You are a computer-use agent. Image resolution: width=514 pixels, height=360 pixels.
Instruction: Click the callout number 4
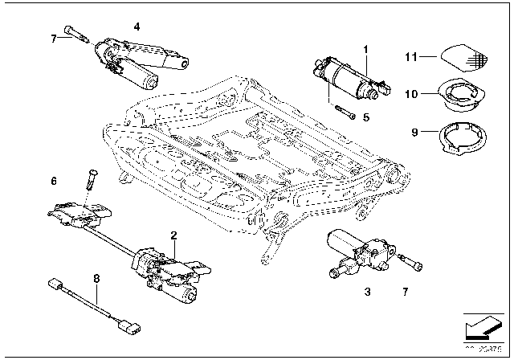pyautogui.click(x=137, y=27)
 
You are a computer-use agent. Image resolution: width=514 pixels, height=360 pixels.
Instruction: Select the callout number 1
pyautogui.click(x=365, y=50)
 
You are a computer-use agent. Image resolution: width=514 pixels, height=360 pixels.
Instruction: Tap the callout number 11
pyautogui.click(x=410, y=56)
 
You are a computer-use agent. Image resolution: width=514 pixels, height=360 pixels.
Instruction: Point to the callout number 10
pyautogui.click(x=410, y=94)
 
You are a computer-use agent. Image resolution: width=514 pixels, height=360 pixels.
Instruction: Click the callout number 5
pyautogui.click(x=365, y=117)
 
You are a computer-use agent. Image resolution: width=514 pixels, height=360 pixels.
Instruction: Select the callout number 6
pyautogui.click(x=54, y=182)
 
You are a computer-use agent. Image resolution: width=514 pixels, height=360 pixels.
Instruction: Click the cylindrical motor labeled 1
pyautogui.click(x=345, y=78)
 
